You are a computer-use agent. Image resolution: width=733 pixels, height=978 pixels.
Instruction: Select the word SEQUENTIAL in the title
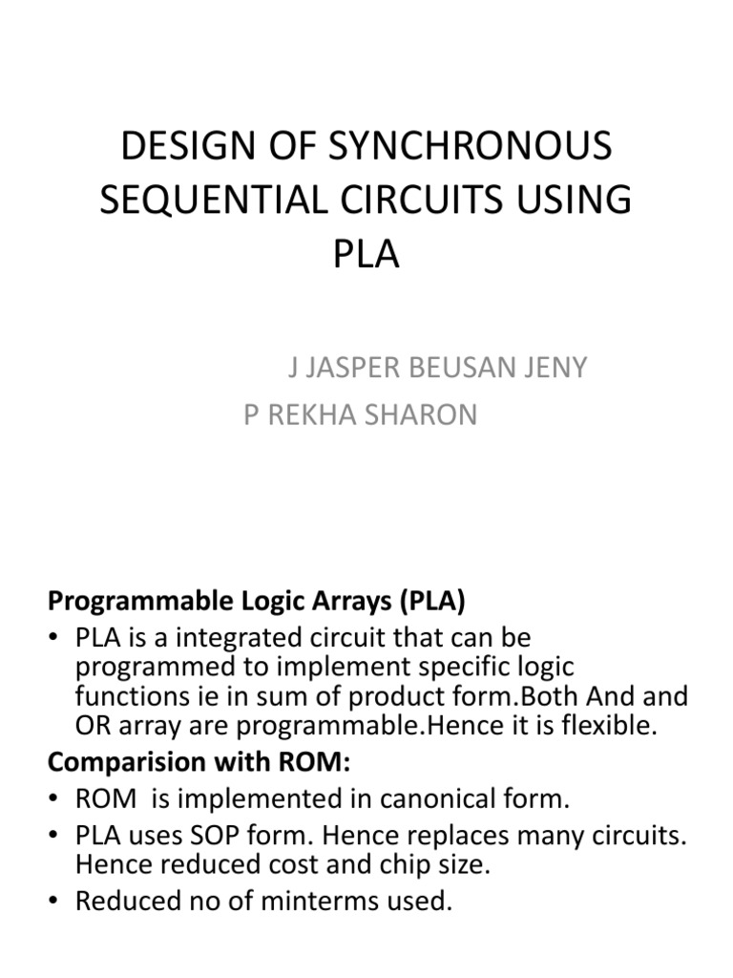[209, 202]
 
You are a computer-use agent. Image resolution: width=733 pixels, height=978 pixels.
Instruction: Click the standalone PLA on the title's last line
[366, 256]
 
